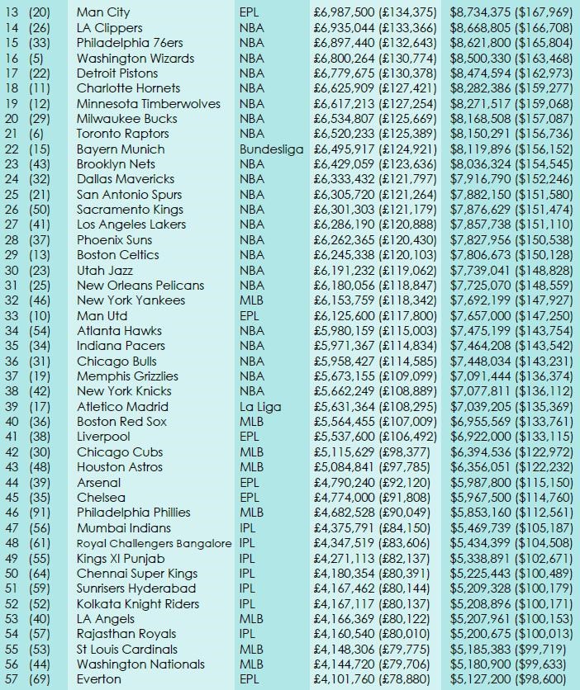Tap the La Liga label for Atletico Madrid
click(x=259, y=406)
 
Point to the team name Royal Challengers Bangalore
click(x=154, y=543)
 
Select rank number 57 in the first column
click(x=12, y=679)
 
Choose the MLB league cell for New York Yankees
click(x=251, y=300)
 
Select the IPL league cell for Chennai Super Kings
click(x=247, y=574)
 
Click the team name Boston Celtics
click(x=117, y=255)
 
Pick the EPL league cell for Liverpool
click(x=250, y=437)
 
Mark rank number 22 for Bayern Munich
click(x=12, y=149)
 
